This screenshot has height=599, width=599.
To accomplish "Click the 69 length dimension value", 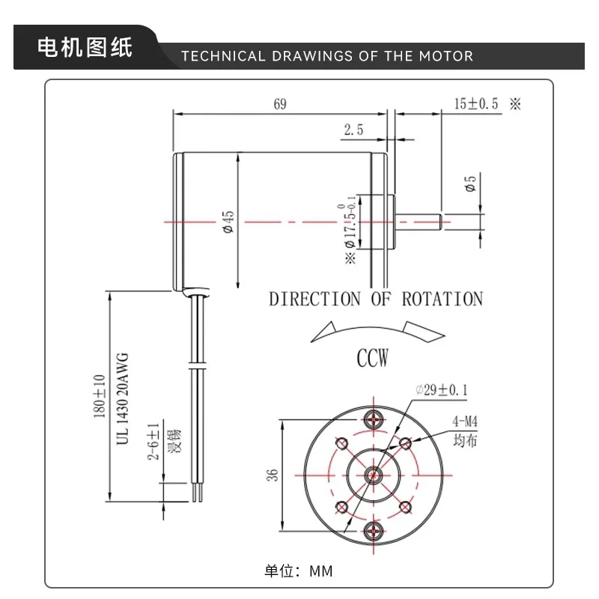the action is click(280, 104).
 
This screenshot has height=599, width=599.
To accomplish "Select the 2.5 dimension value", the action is click(353, 130).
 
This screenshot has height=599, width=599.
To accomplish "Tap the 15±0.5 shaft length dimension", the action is click(476, 103).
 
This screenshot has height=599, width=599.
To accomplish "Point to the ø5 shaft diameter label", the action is click(470, 183).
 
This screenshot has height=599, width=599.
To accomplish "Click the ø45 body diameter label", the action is click(228, 222).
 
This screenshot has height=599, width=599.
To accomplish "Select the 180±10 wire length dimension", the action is click(100, 396).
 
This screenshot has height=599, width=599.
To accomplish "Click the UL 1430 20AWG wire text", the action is click(122, 399).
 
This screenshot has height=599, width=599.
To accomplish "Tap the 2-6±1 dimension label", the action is click(153, 441).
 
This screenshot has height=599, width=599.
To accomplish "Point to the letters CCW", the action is click(372, 358).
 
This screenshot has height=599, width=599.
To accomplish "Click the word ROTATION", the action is click(443, 299).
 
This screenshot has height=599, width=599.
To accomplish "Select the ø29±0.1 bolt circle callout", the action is click(442, 389).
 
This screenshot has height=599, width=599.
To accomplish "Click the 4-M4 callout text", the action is click(465, 422).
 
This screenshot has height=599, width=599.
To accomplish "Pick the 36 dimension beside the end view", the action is click(272, 475).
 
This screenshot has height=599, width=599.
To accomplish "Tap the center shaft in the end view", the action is click(373, 475).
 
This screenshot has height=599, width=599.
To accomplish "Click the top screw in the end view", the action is click(373, 419).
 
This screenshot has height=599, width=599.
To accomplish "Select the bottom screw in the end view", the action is click(373, 531).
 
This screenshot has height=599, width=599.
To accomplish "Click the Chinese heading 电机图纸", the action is click(85, 47).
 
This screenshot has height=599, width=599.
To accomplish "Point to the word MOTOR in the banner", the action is click(446, 56).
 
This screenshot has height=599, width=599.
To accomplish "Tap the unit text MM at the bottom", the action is click(321, 571).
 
